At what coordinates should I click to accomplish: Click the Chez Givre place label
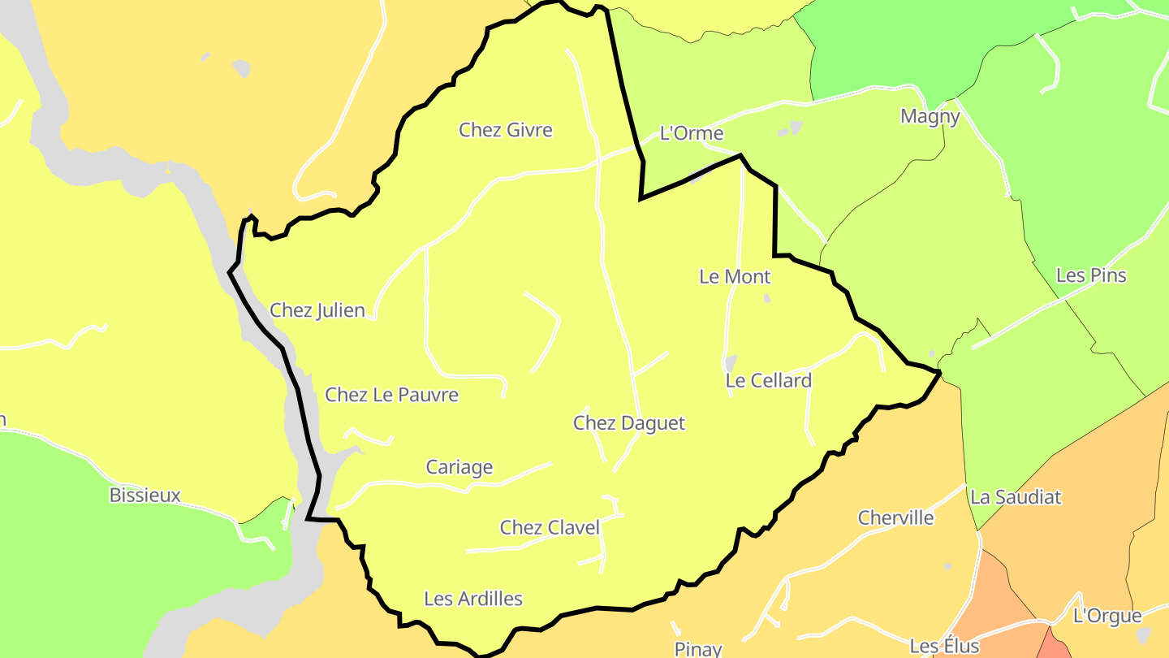click(x=505, y=130)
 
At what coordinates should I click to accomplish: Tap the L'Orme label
click(x=691, y=133)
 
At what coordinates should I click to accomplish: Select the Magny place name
click(x=930, y=116)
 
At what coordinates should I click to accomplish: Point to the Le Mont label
click(x=735, y=277)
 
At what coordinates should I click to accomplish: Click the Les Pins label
click(x=1091, y=275)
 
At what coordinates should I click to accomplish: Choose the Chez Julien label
click(x=317, y=310)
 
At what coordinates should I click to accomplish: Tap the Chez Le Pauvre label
click(x=391, y=395)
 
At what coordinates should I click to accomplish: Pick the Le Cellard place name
click(x=768, y=380)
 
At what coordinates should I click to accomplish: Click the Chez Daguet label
click(x=629, y=423)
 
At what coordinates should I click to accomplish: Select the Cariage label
click(x=459, y=467)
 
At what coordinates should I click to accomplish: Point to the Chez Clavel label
click(x=550, y=528)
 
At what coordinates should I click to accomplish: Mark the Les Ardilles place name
click(x=473, y=600)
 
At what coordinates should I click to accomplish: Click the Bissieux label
click(x=145, y=496)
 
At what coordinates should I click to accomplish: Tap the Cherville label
click(x=896, y=518)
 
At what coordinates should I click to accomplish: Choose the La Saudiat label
click(x=1016, y=497)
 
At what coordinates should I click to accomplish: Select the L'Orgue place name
click(x=1107, y=616)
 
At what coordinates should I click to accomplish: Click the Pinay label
click(x=698, y=648)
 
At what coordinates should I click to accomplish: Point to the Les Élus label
click(x=944, y=647)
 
